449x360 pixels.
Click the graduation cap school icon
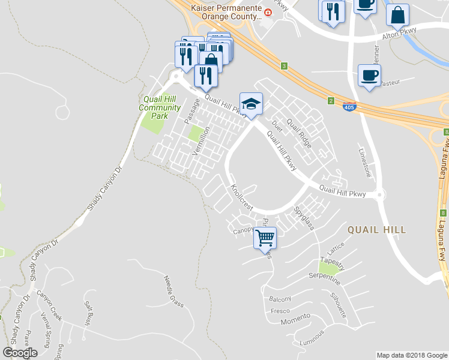pyautogui.click(x=252, y=103)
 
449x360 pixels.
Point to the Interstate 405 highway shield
pyautogui.click(x=349, y=107)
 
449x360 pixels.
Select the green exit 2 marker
pyautogui.click(x=330, y=101)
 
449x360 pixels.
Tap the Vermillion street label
pyautogui.click(x=200, y=142)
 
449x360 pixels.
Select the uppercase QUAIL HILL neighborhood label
pyautogui.click(x=376, y=230)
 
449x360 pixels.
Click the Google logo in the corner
pyautogui.click(x=20, y=353)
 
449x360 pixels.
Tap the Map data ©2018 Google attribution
pyautogui.click(x=412, y=355)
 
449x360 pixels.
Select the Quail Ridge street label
pyautogui.click(x=299, y=132)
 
